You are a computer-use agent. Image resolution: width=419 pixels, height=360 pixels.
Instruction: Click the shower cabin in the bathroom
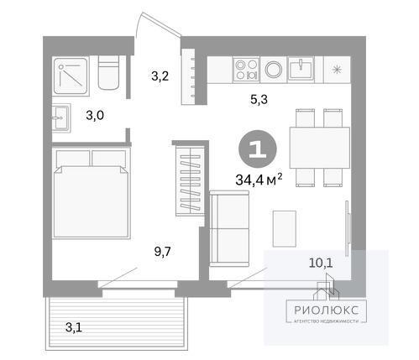click(71, 76)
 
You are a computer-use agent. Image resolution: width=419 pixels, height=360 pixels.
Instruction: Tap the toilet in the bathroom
click(108, 73)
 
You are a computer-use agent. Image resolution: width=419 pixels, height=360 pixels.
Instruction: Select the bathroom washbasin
click(61, 117)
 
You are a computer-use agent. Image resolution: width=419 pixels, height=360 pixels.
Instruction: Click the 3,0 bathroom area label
click(95, 115)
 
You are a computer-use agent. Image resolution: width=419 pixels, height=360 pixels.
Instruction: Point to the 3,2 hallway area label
click(160, 76)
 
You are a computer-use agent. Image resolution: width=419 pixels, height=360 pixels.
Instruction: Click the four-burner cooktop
click(246, 70)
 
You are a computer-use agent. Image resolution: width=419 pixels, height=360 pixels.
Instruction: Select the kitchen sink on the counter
click(301, 69)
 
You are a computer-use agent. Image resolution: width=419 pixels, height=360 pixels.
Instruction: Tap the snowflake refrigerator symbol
click(337, 70)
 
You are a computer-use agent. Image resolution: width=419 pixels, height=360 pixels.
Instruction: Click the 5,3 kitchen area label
click(259, 99)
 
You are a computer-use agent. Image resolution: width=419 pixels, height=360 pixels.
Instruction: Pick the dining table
click(320, 148)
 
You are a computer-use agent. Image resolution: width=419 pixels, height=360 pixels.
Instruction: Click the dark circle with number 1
click(258, 149)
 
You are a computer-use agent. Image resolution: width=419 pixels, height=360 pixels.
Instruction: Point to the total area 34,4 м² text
click(259, 180)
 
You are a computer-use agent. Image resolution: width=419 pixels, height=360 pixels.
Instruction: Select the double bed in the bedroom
click(92, 194)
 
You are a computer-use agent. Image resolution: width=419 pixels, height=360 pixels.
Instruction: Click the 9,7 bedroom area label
click(162, 252)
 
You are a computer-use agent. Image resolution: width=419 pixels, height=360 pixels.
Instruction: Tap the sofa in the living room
click(229, 228)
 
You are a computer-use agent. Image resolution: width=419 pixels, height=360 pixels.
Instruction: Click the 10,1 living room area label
click(321, 263)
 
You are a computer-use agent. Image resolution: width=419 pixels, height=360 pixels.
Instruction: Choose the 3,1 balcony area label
click(74, 327)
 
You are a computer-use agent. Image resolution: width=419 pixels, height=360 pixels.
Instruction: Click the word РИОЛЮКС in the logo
click(327, 310)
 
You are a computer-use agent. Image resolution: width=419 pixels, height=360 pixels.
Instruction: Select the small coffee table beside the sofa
click(285, 229)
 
